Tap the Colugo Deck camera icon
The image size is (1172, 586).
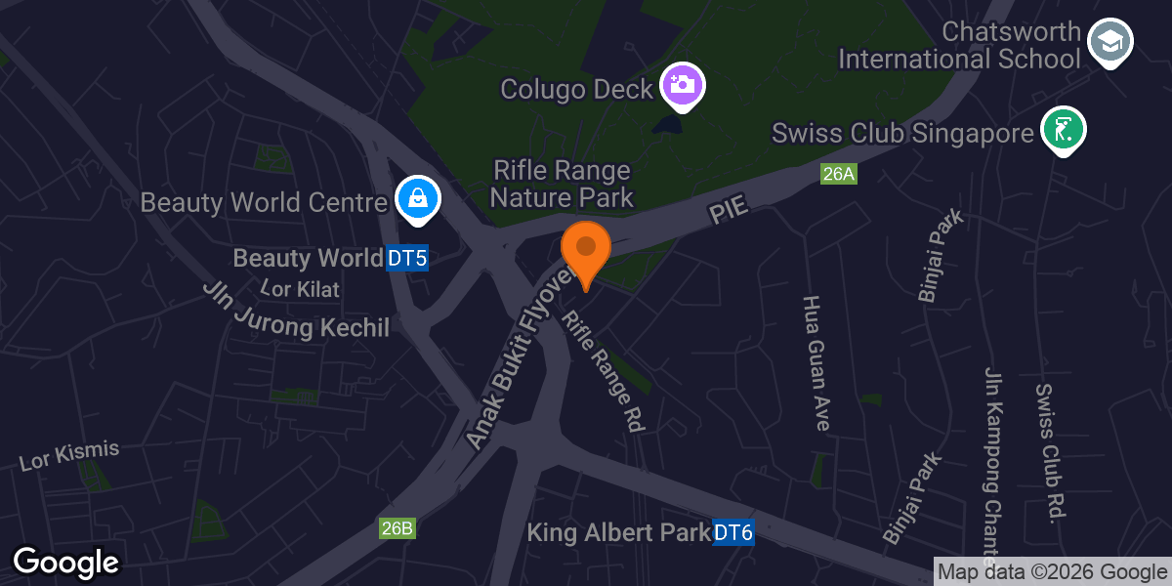click(683, 84)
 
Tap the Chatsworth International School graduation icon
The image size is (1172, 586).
click(1109, 42)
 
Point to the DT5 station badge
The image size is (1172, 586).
click(407, 258)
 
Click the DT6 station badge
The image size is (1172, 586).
click(733, 533)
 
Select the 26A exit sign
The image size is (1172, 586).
click(838, 175)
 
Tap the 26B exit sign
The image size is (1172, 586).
click(398, 528)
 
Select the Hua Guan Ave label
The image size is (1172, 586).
click(816, 363)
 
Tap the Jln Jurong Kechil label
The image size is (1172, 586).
click(296, 311)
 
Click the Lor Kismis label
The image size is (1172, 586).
click(69, 455)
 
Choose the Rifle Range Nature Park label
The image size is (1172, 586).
click(562, 184)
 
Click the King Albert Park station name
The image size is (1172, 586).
click(618, 533)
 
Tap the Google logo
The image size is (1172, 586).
click(65, 563)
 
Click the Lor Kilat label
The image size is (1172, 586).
click(301, 288)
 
